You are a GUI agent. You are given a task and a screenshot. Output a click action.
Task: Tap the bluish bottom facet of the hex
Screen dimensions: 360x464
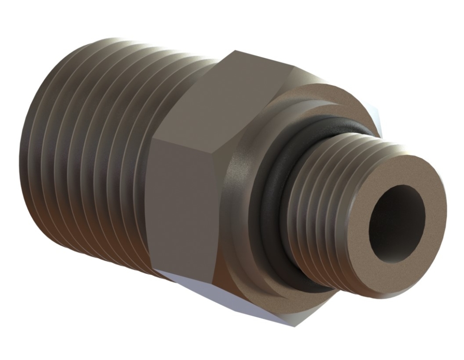click(236, 299)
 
